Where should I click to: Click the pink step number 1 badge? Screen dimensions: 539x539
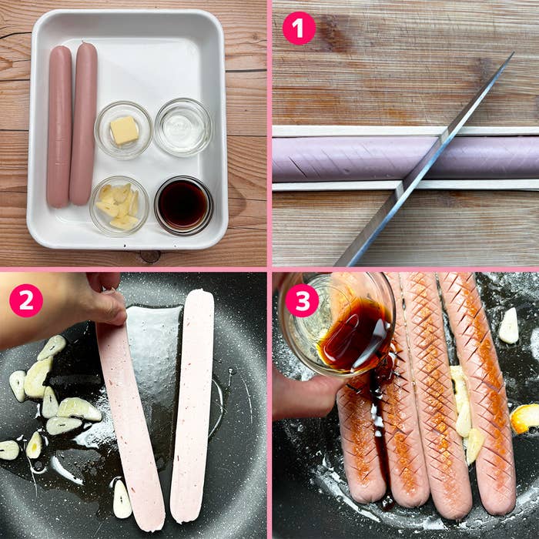tap(299, 28)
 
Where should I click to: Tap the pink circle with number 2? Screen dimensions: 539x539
tap(26, 300)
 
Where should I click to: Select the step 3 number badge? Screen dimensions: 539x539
tap(301, 300)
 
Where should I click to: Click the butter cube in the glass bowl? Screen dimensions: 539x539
tap(124, 130)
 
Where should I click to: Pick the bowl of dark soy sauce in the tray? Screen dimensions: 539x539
tap(183, 205)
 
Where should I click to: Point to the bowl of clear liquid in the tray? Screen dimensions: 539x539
tap(182, 127)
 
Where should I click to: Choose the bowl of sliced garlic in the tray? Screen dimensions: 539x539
tap(119, 206)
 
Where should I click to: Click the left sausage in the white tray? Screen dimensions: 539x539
tap(59, 127)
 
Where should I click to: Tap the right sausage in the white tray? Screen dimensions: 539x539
tap(84, 123)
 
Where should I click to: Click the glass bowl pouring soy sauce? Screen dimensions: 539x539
tap(339, 323)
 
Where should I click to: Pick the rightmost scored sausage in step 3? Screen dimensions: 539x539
tap(481, 393)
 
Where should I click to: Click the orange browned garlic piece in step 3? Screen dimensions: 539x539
tap(526, 418)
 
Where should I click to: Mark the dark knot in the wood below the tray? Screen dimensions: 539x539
tap(150, 256)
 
